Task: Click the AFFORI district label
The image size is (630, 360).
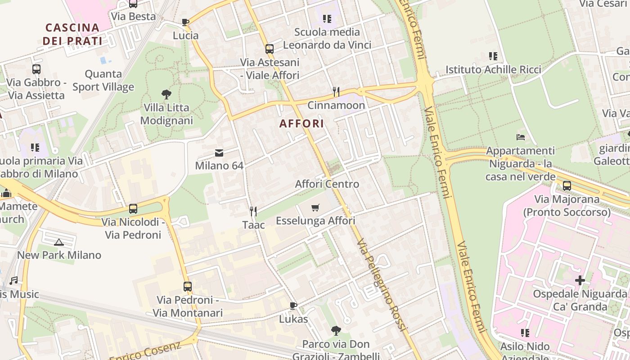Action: point(301,124)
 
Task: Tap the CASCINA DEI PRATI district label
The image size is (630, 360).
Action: point(72,34)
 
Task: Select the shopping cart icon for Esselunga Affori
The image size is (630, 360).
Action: point(315,207)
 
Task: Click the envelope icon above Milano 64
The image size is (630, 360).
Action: point(219,153)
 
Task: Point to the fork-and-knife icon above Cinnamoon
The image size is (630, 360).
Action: point(336,92)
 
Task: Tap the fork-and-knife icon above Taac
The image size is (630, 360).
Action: point(253,211)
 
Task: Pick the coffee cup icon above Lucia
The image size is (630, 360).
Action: point(185,22)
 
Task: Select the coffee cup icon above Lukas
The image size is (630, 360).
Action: point(293,306)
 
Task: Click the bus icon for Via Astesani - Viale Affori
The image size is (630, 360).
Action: point(270,49)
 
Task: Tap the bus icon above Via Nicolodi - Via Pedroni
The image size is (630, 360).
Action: point(133,209)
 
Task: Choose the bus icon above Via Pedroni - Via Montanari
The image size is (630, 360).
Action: point(188,286)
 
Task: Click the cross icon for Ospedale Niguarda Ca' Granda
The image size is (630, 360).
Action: point(580,280)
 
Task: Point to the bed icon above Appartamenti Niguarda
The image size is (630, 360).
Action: point(521,137)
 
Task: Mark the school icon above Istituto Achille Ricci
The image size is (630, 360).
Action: point(493,56)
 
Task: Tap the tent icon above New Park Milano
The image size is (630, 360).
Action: point(59,242)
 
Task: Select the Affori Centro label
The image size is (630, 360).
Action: point(327,184)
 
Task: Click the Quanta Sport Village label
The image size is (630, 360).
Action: point(103,80)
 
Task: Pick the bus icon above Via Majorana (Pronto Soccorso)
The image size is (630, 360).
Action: point(567,185)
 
